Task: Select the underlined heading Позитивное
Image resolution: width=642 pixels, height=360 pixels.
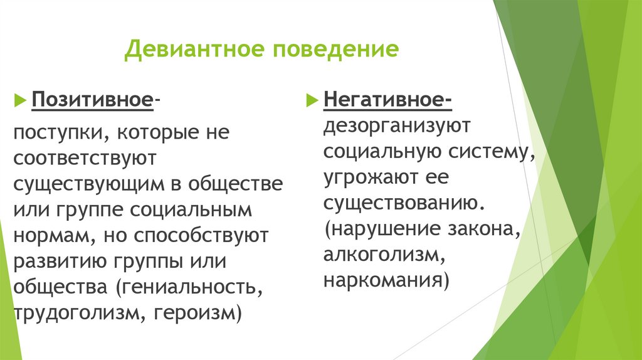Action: pos(93,100)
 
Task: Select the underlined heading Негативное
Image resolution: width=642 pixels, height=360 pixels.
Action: pos(385,100)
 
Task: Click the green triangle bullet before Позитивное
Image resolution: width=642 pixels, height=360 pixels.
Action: pos(20,100)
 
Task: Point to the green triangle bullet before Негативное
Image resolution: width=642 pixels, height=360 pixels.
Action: pos(311,100)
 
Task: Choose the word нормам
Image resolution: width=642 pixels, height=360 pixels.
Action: pos(50,236)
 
